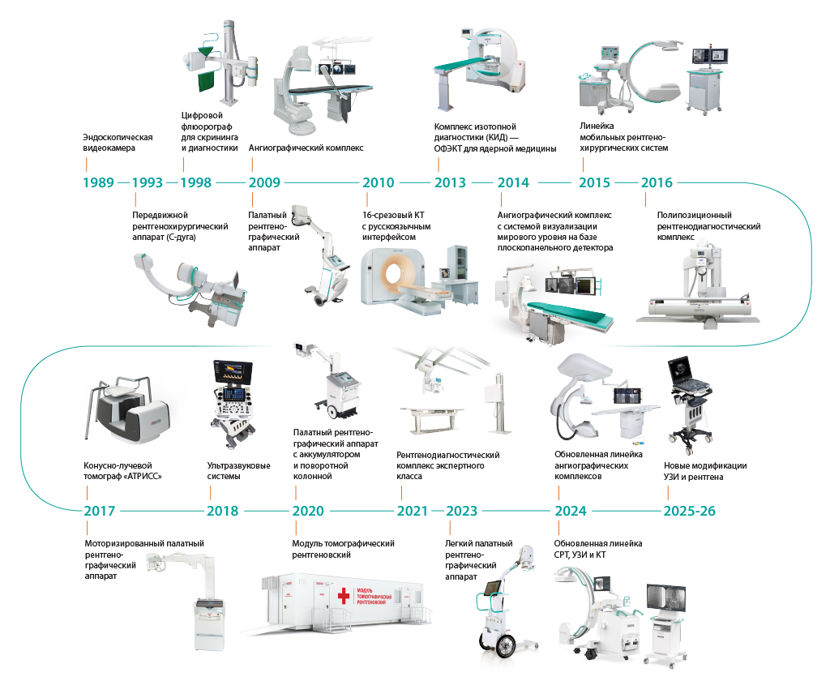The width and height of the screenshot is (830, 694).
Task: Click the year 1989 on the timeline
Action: (98, 182)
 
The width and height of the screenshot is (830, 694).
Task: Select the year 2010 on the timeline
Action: (378, 182)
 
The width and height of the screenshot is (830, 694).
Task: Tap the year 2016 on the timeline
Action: (657, 182)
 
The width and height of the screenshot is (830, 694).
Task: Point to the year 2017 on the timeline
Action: (100, 511)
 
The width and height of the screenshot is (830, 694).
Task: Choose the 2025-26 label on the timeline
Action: (689, 511)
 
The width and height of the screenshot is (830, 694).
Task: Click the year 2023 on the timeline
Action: (461, 511)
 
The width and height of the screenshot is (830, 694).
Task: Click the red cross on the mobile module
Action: (344, 596)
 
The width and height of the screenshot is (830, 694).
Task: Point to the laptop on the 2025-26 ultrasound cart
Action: (687, 373)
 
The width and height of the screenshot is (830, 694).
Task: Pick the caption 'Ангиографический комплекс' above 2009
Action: (306, 148)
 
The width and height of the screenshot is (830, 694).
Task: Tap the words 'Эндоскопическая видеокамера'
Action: (118, 143)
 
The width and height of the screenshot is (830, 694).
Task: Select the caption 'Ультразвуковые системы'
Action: (239, 471)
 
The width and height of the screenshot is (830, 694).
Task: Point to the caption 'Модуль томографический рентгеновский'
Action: (343, 549)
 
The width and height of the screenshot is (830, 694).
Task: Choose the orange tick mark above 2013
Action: (439, 165)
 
